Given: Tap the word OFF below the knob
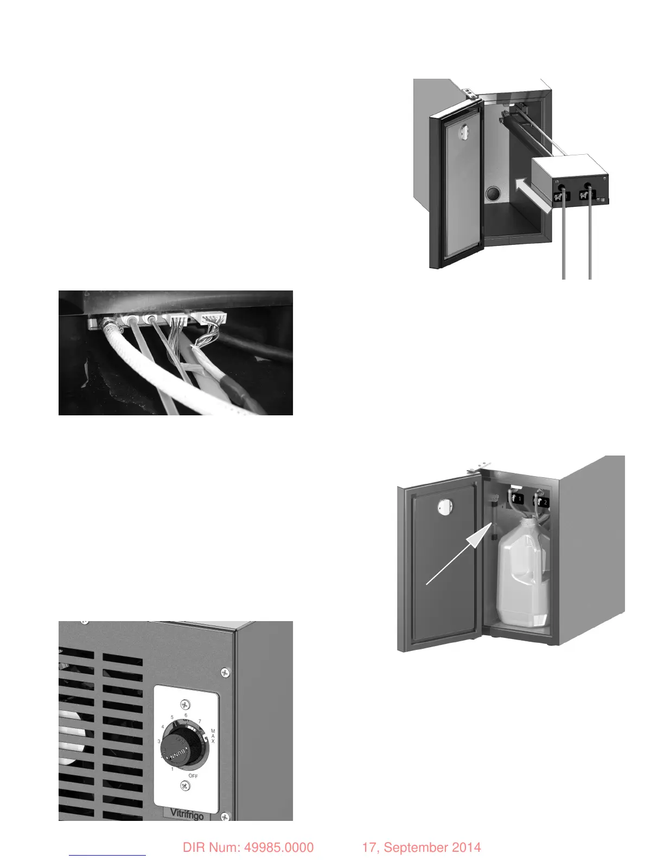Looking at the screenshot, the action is [193, 776].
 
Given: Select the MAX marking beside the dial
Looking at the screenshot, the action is [213, 736].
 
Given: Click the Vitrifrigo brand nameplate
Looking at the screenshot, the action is [187, 813].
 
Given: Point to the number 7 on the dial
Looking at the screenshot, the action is [200, 722].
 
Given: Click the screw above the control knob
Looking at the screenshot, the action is [186, 705].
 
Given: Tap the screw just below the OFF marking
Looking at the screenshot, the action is [186, 786].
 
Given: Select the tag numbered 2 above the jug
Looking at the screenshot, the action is [542, 502].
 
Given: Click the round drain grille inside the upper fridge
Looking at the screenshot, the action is [494, 194].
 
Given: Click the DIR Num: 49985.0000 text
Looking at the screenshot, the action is [248, 848].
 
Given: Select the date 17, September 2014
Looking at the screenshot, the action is [421, 848].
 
